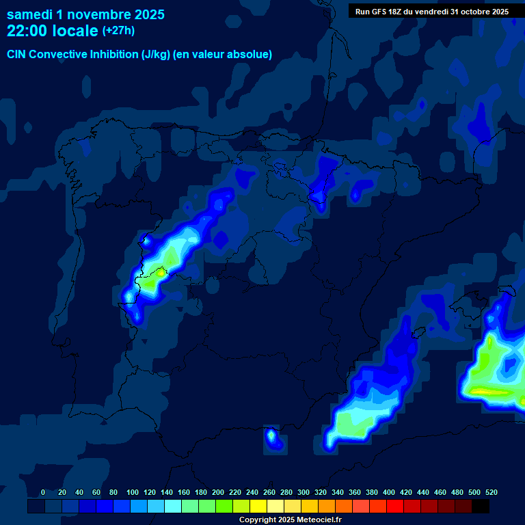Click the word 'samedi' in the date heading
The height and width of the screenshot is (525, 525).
click(29, 14)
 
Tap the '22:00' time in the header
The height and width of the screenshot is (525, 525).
click(27, 31)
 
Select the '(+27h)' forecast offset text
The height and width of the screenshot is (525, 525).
click(118, 31)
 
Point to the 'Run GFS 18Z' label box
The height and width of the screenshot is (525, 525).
click(432, 12)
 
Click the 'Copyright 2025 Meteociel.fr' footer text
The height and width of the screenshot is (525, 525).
click(291, 520)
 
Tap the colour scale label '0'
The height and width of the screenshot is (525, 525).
click(43, 492)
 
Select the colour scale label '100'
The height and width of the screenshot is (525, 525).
click(133, 492)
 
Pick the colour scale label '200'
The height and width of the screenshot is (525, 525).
click(218, 492)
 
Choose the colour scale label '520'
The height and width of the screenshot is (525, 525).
click(492, 492)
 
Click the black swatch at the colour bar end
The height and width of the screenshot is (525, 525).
click(481, 507)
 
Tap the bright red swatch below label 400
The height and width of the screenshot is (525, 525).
click(395, 507)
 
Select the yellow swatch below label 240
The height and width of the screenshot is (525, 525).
click(258, 507)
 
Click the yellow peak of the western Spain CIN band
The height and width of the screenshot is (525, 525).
click(161, 273)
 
